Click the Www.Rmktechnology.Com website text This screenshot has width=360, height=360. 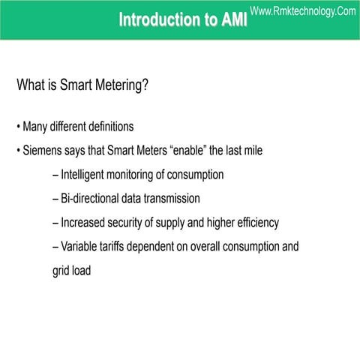[302, 10]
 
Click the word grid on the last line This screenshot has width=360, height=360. [62, 271]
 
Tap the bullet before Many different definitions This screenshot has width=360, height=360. [18, 125]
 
